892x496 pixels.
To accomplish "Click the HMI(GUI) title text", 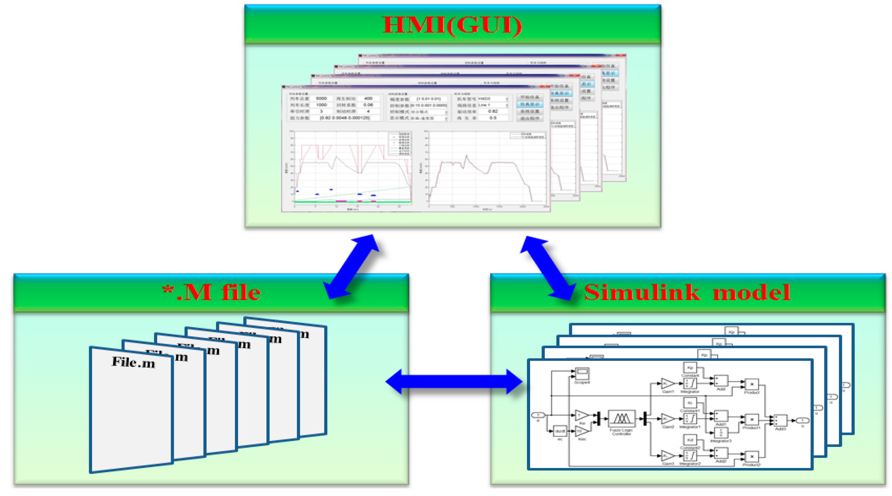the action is coord(452,25).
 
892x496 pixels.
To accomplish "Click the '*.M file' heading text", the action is coord(212,292).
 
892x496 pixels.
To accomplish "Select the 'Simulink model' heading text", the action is coord(687,292).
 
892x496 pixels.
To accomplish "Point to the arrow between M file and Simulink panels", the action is coord(454,381).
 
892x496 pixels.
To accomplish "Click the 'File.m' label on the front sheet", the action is coord(133,362).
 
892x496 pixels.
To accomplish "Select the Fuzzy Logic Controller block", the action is coord(621,419).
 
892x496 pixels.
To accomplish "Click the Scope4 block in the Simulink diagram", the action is coord(582,374).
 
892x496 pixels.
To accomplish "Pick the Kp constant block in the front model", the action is coord(690,367).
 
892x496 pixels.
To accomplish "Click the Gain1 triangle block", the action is coord(667,384).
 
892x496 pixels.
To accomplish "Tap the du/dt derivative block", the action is coord(560,431).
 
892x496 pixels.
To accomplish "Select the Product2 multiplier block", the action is coord(752,456).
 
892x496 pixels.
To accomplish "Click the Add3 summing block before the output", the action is coord(780,420).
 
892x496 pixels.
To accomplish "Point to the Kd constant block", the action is coord(690,440).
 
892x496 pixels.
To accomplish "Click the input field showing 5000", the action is coord(321,99).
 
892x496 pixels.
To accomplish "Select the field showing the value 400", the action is coord(368,99).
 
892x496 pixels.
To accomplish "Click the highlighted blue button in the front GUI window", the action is coord(530,104).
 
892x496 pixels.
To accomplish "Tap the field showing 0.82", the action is coord(493,111).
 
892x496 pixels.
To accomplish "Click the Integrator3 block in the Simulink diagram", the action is coord(721,432).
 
